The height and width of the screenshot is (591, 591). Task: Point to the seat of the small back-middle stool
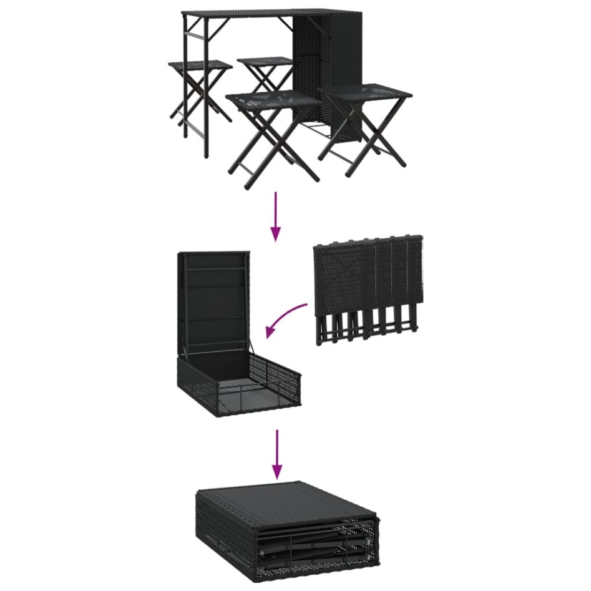click(x=265, y=61)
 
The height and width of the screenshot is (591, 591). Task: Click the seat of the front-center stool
click(x=272, y=100)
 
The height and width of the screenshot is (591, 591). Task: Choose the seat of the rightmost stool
click(x=365, y=92)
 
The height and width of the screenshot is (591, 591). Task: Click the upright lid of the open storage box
click(x=213, y=300)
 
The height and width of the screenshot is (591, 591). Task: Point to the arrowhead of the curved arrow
click(x=270, y=333)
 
